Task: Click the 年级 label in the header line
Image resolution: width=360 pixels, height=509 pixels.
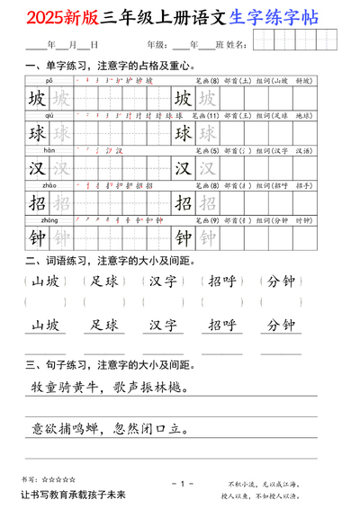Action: pyautogui.click(x=155, y=44)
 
